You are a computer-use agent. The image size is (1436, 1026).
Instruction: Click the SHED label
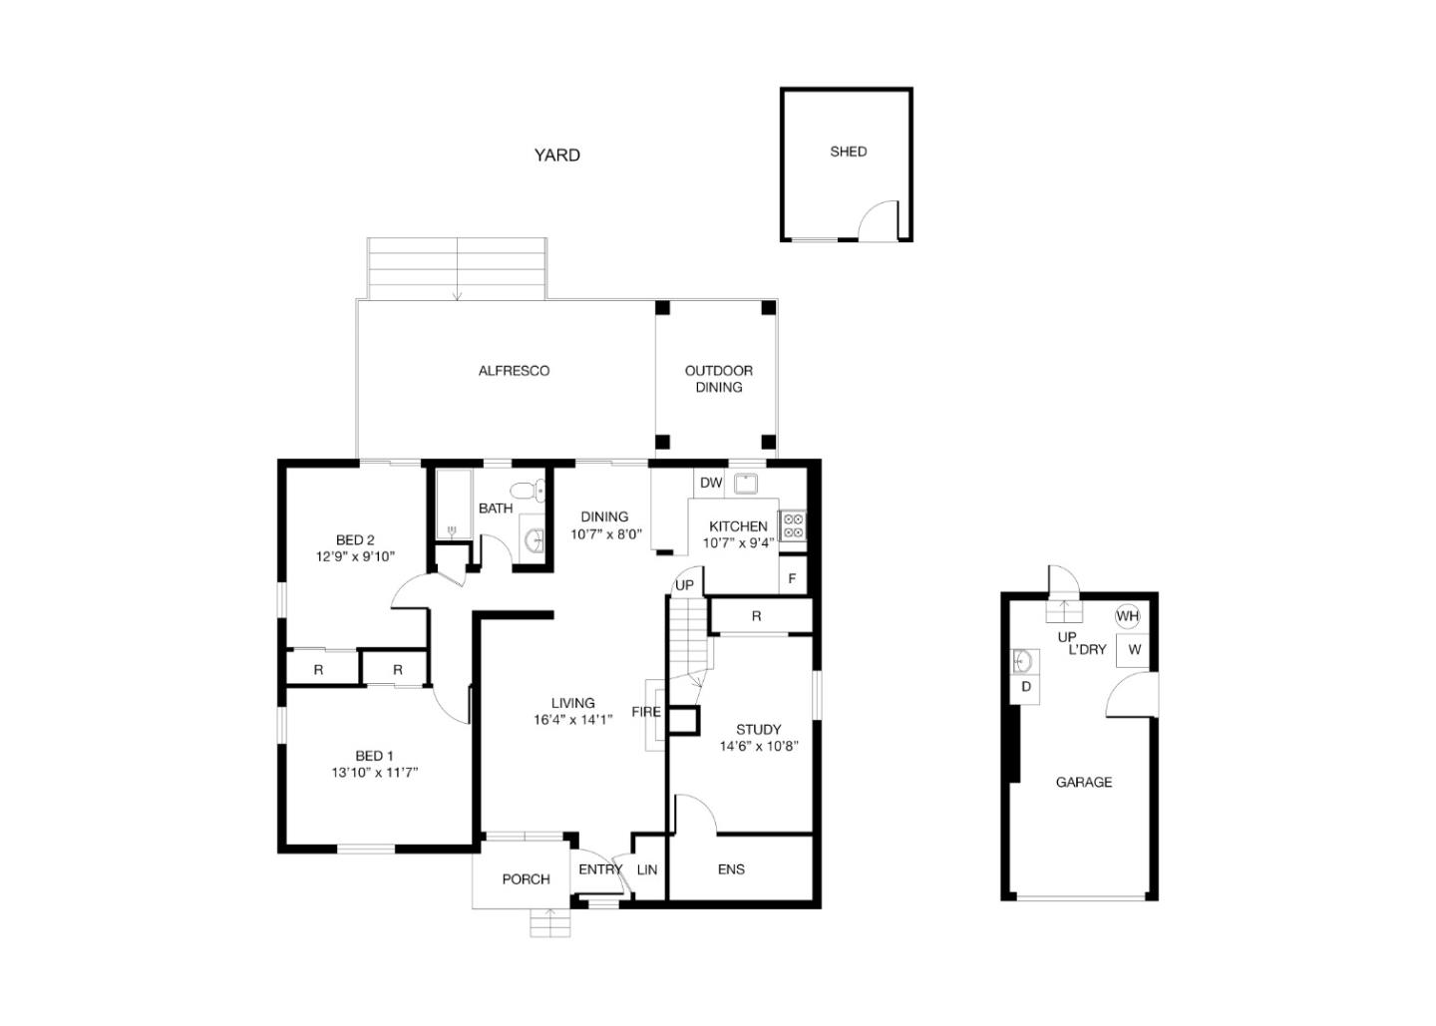click(x=848, y=152)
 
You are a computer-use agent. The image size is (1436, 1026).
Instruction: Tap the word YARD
click(x=557, y=156)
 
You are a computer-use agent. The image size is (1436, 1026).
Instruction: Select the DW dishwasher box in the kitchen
click(x=710, y=483)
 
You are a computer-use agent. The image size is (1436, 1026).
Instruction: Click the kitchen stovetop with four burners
click(x=793, y=526)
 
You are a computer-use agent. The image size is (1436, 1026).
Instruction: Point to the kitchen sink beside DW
click(x=745, y=484)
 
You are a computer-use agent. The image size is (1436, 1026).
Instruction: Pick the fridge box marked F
click(x=793, y=578)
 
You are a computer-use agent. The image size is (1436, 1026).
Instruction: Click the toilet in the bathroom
click(x=528, y=491)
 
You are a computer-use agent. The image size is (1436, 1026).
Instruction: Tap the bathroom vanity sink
click(x=533, y=540)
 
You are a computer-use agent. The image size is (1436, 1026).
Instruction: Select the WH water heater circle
click(x=1127, y=616)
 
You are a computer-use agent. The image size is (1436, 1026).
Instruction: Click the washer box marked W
click(x=1134, y=650)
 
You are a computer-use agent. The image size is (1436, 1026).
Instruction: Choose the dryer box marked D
click(x=1025, y=687)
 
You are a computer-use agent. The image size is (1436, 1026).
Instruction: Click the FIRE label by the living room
click(x=645, y=711)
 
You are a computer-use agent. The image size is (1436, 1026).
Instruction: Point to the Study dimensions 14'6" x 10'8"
click(x=758, y=746)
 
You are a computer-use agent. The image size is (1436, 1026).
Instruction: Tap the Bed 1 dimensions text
click(x=374, y=772)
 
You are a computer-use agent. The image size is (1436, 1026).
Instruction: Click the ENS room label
click(x=731, y=869)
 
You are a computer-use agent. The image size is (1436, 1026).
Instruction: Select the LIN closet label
click(x=647, y=869)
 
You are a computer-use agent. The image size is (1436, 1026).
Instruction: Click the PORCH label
click(x=526, y=879)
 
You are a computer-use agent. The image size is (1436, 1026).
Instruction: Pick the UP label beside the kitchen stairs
click(x=684, y=585)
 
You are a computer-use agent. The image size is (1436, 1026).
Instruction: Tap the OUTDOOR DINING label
click(x=719, y=379)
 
